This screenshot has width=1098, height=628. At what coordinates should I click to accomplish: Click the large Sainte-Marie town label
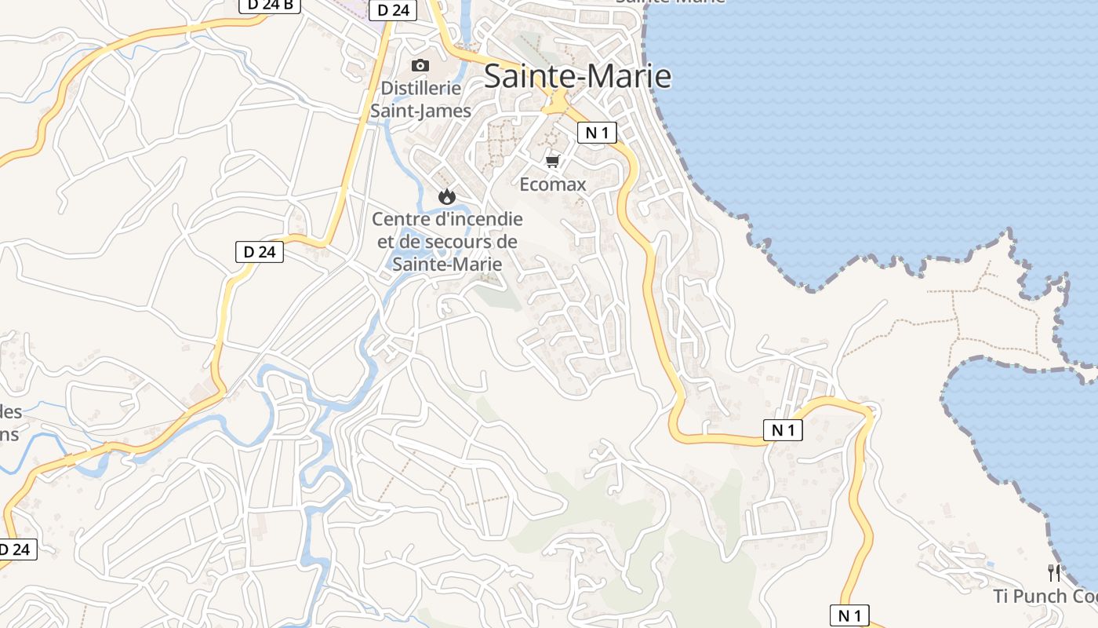pyautogui.click(x=577, y=76)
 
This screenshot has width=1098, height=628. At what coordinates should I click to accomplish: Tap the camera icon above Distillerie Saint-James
pyautogui.click(x=420, y=65)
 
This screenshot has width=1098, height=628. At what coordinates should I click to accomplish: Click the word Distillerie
pyautogui.click(x=421, y=88)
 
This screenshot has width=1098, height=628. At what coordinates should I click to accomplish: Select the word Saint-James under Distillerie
pyautogui.click(x=420, y=111)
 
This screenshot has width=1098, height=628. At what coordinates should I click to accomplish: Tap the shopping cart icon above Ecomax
pyautogui.click(x=553, y=161)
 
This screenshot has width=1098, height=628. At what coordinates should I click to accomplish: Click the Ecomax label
pyautogui.click(x=553, y=184)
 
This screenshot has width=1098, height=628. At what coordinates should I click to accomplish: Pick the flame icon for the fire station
pyautogui.click(x=447, y=196)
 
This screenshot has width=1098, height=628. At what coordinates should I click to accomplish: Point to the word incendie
pyautogui.click(x=485, y=219)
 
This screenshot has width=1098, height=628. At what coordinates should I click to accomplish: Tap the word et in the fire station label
pyautogui.click(x=386, y=242)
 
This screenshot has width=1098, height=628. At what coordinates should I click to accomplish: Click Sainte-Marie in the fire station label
pyautogui.click(x=447, y=265)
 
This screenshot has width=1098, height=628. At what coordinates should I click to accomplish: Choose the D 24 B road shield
pyautogui.click(x=269, y=5)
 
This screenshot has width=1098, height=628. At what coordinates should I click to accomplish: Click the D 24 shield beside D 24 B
pyautogui.click(x=393, y=9)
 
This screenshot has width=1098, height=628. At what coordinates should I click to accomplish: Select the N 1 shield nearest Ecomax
pyautogui.click(x=597, y=133)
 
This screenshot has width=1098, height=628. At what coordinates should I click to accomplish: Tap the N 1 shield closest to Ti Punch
pyautogui.click(x=849, y=615)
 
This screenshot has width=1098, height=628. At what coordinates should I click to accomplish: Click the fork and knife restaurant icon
pyautogui.click(x=1054, y=573)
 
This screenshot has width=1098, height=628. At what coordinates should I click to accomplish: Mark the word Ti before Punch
pyautogui.click(x=1001, y=596)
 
